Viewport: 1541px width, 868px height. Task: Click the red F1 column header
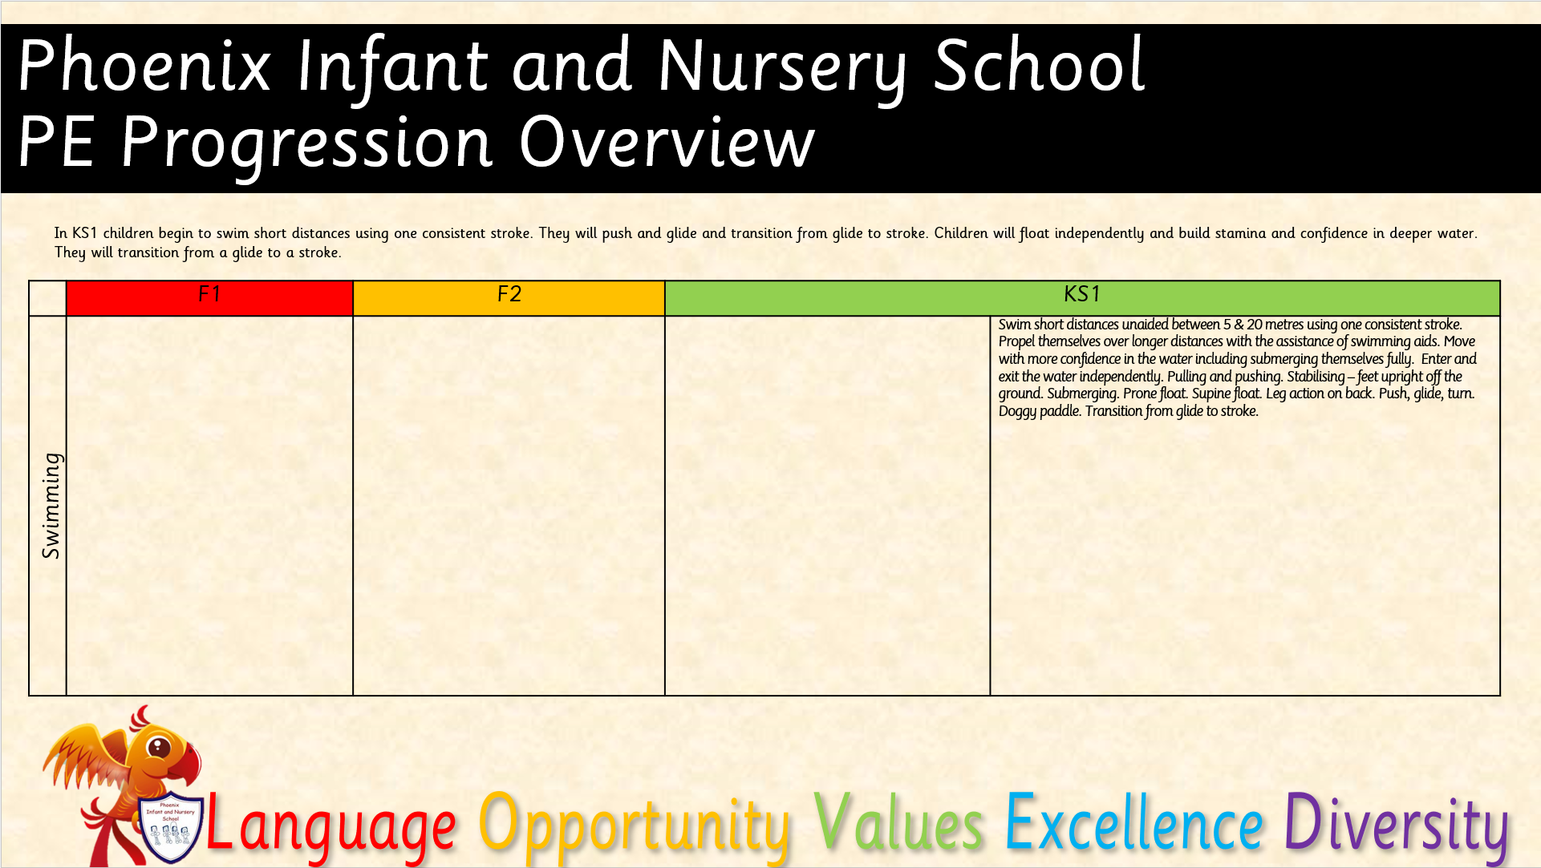[209, 298]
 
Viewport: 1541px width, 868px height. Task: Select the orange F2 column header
[509, 298]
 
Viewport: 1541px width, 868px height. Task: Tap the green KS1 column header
[1082, 298]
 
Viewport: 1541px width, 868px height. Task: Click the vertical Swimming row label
[51, 505]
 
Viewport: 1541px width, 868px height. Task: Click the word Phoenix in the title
[144, 66]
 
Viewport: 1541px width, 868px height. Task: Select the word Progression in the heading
[306, 144]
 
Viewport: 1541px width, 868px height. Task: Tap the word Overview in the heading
[667, 142]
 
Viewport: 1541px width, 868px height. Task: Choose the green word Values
[898, 822]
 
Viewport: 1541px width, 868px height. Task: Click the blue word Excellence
[1134, 822]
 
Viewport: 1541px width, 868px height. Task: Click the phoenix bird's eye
[159, 747]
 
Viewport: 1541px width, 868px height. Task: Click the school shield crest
[170, 829]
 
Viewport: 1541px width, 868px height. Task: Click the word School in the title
[1040, 66]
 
